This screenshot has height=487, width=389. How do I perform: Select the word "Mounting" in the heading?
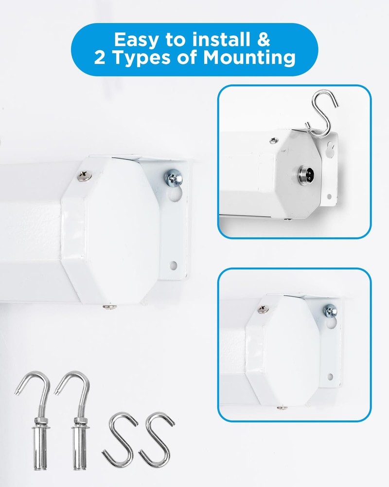point(249,58)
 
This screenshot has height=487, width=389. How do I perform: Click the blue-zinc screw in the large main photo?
point(173,178)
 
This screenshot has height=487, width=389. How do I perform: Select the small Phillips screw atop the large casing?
point(85,175)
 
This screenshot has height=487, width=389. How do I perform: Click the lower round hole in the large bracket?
point(174,265)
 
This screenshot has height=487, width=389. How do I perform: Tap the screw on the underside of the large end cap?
point(109,307)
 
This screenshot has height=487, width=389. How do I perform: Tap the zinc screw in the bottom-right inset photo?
point(330,311)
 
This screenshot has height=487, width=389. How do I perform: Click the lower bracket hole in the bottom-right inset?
point(330,377)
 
